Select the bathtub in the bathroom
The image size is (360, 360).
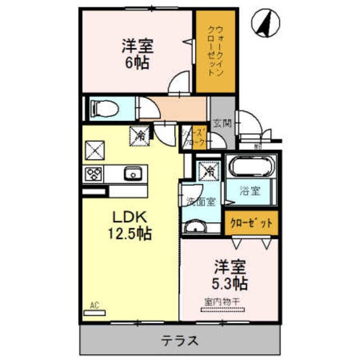click(x=250, y=168)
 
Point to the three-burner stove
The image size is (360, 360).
click(x=93, y=174)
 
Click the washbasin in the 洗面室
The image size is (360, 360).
click(x=195, y=227)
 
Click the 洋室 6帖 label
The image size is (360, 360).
click(x=138, y=54)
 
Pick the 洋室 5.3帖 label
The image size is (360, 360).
click(x=229, y=273)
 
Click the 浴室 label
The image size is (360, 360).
click(x=250, y=190)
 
